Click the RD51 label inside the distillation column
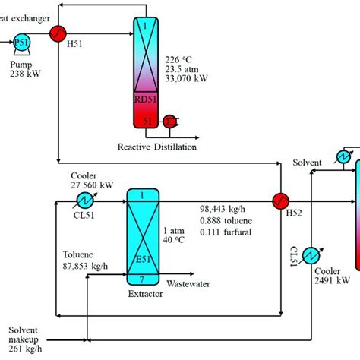tap(142, 99)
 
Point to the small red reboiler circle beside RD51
tap(171, 120)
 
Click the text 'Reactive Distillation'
tap(156, 145)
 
